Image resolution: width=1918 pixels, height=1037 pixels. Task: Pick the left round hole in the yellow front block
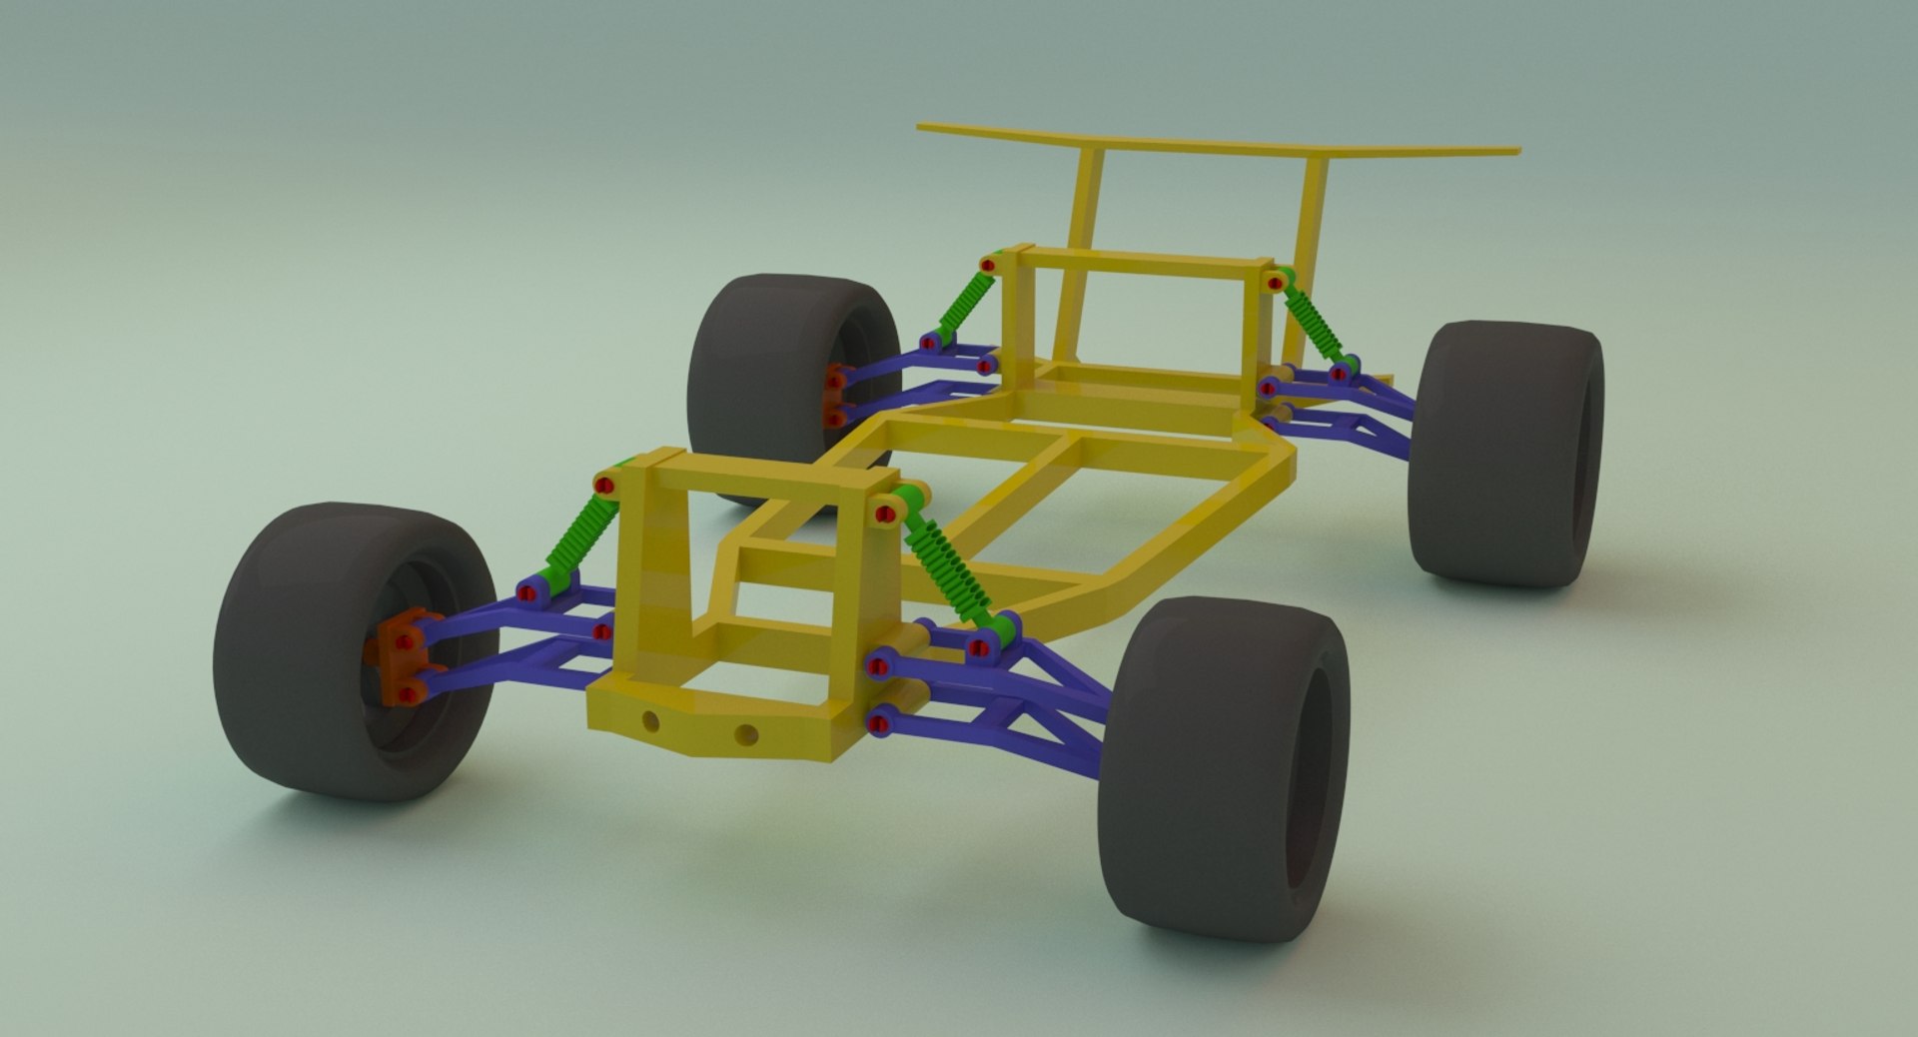click(x=651, y=720)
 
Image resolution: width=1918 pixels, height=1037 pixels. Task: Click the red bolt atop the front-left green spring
click(x=604, y=486)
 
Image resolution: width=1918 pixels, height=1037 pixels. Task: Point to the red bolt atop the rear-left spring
click(x=988, y=266)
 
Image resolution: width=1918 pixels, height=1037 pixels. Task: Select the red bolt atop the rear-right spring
click(x=1275, y=283)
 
